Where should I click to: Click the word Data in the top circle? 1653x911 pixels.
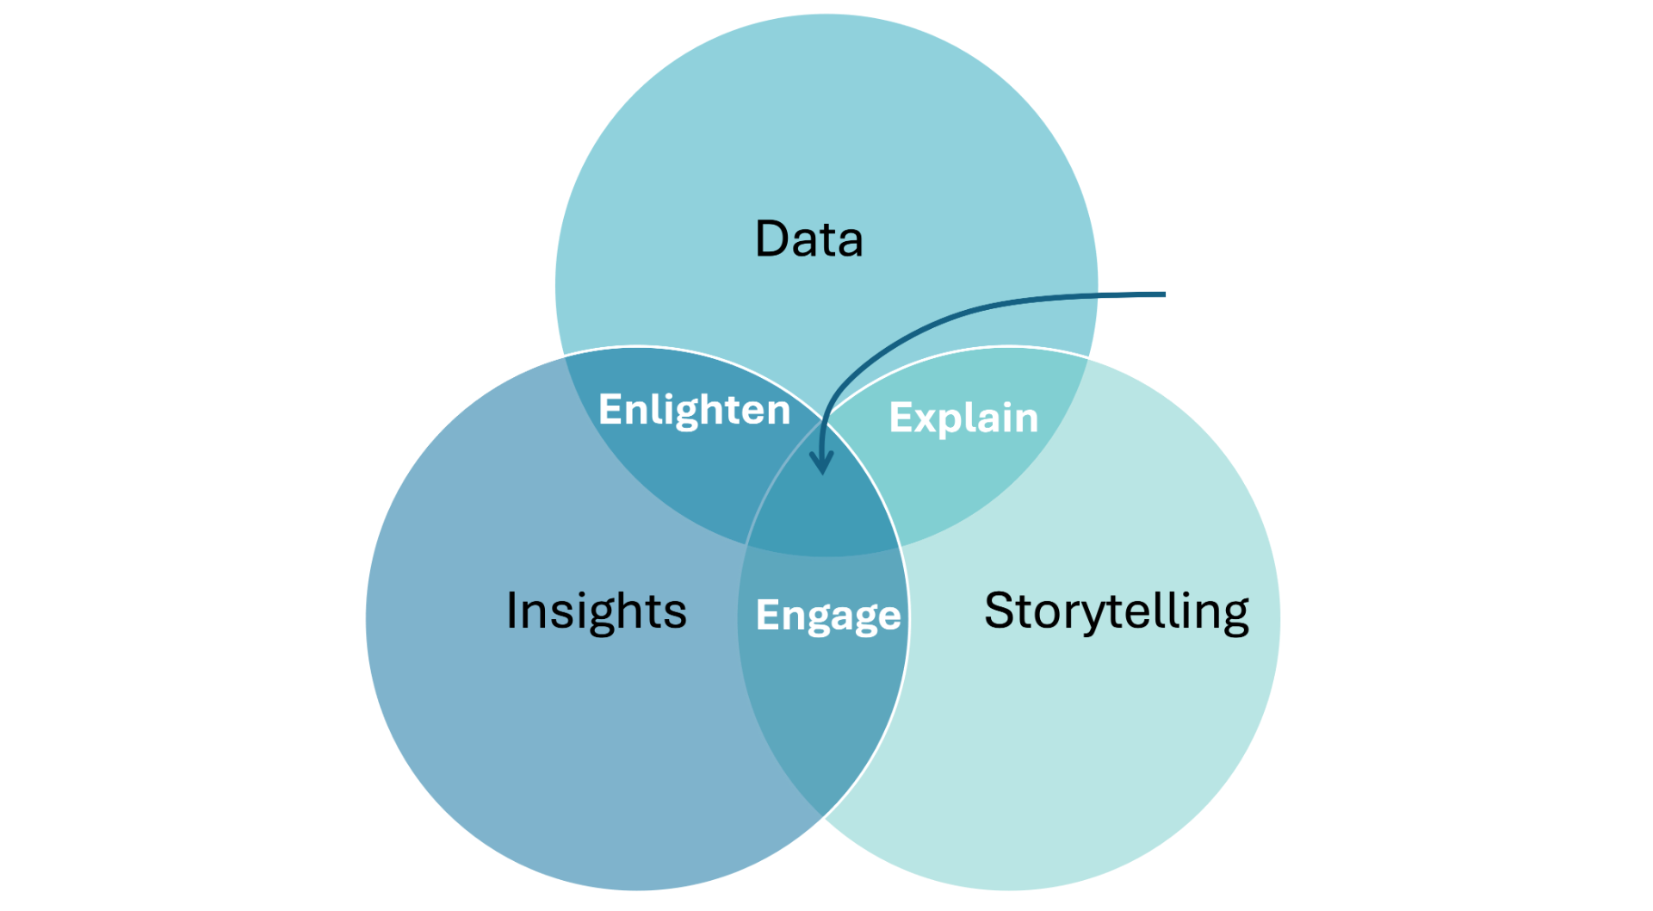[808, 239]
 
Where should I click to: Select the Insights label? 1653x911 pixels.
[596, 610]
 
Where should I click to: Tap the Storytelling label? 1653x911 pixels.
[1116, 610]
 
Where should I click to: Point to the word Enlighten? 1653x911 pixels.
[694, 410]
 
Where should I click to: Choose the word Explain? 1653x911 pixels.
[963, 418]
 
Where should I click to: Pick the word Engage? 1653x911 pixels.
[828, 616]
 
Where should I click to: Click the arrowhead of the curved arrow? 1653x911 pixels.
[823, 467]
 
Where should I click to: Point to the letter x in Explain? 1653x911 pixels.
[929, 420]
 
